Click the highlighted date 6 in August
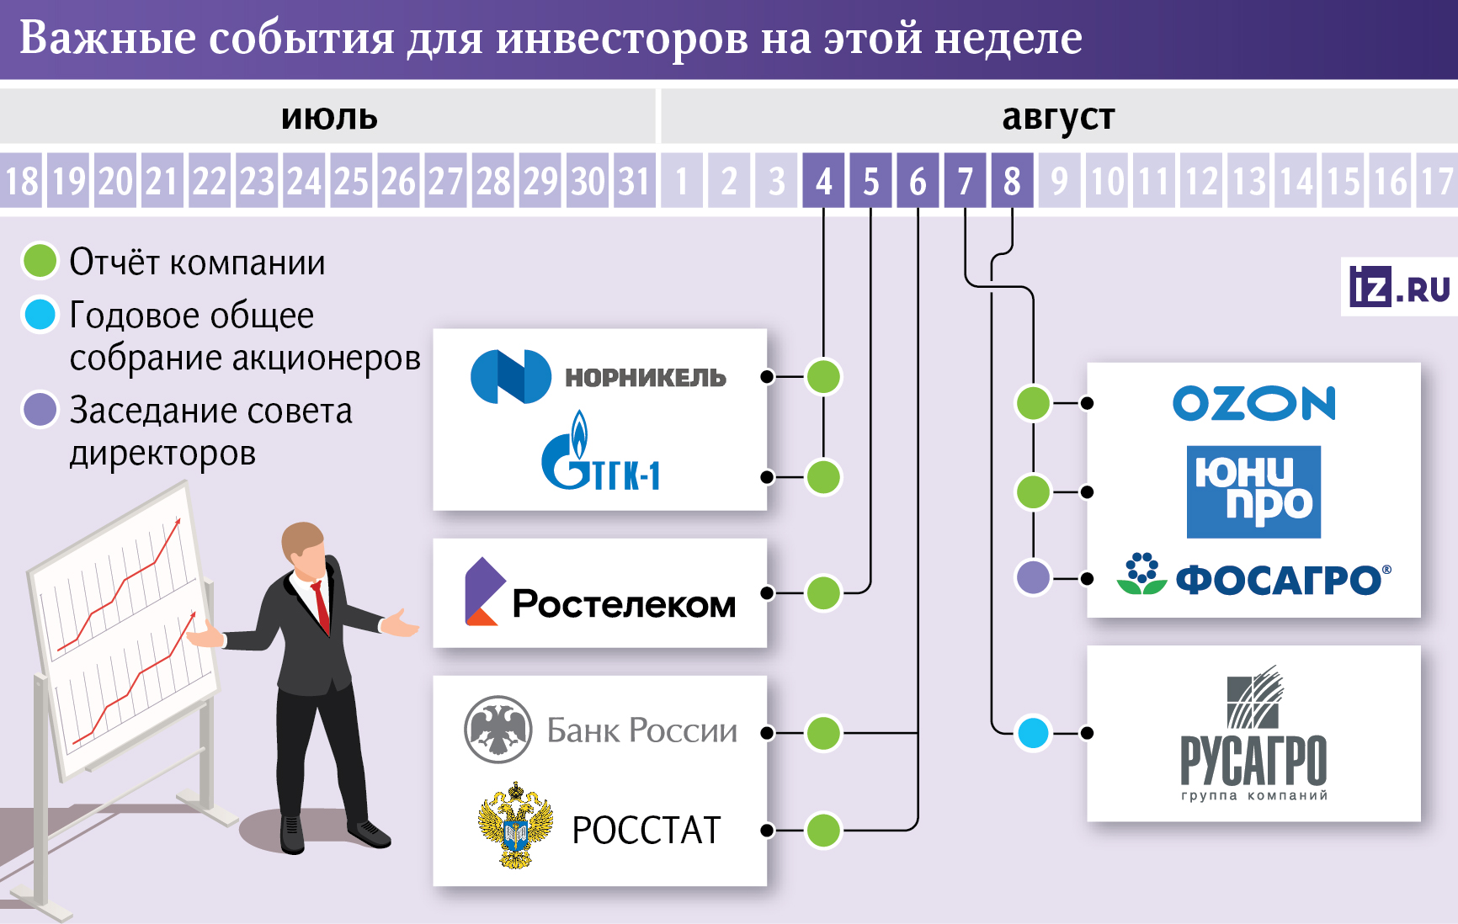point(918,181)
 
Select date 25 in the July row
point(352,181)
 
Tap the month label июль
point(329,118)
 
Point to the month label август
point(1058,118)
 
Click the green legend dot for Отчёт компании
point(40,261)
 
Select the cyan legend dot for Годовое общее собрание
point(40,315)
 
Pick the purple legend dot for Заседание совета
point(40,410)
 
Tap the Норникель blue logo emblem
point(511,376)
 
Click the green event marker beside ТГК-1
point(823,477)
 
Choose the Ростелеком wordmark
point(624,604)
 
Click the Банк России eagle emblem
point(498,730)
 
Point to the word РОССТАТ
point(647,831)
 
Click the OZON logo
point(1253,404)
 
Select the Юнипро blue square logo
point(1253,492)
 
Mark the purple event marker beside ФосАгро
point(1033,578)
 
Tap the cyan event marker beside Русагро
point(1033,733)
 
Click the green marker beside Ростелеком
point(823,593)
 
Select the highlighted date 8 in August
point(1012,181)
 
